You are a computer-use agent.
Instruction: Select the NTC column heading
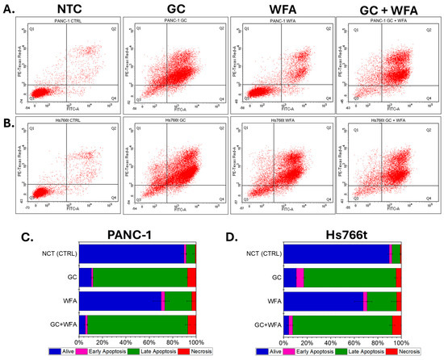[65, 9]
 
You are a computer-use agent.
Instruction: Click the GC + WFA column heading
[384, 9]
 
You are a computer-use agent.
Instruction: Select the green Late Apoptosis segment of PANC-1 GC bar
[140, 277]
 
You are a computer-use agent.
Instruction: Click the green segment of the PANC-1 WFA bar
[178, 300]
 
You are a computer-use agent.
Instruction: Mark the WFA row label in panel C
[67, 300]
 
